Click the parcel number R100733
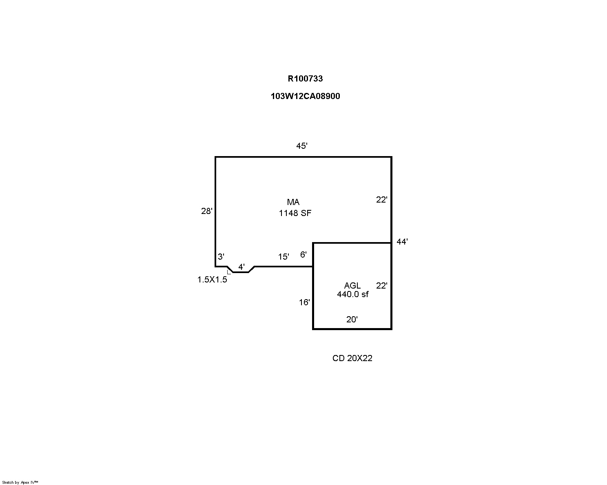(305, 79)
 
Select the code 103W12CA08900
(305, 96)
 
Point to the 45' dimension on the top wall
(301, 145)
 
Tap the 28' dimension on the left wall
(206, 211)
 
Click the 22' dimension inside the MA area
(382, 200)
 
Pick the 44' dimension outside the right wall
(402, 242)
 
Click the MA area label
(293, 202)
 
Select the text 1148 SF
(295, 213)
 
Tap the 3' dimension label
(221, 256)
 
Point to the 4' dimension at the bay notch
(241, 267)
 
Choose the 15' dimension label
(284, 256)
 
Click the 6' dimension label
(303, 254)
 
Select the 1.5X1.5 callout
(212, 280)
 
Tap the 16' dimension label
(304, 302)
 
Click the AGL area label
(352, 285)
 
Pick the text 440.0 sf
(352, 294)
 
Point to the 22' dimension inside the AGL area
(382, 285)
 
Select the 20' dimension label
(352, 319)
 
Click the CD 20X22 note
(352, 358)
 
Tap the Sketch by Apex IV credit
(20, 482)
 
